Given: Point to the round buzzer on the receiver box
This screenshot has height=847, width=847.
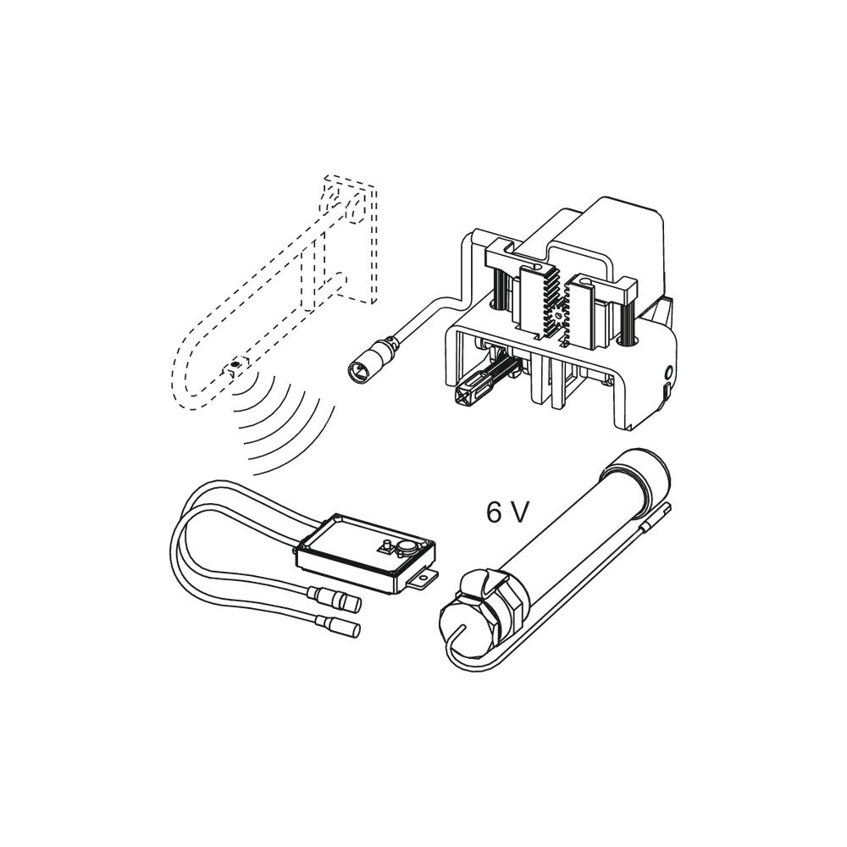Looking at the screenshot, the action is [x=407, y=548].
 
